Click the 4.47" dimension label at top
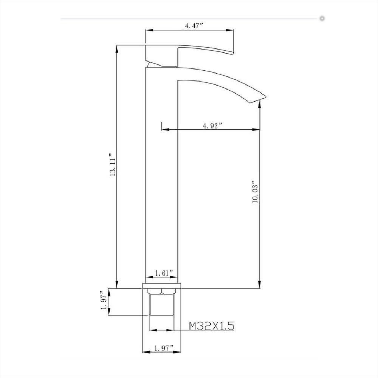click(x=194, y=25)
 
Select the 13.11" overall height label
click(x=113, y=165)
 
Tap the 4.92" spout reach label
click(x=212, y=125)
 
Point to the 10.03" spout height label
click(x=255, y=192)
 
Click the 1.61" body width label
click(x=164, y=273)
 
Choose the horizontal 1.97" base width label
click(x=164, y=348)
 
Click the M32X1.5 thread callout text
click(x=211, y=326)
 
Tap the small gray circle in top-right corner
click(x=322, y=18)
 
